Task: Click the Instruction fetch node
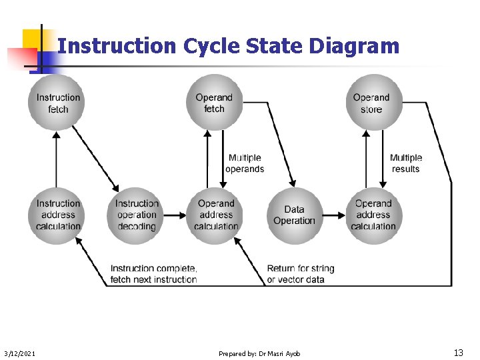click(x=58, y=103)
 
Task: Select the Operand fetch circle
click(x=214, y=103)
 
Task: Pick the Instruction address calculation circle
click(x=58, y=215)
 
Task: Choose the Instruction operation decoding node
click(x=136, y=215)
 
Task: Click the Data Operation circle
click(x=294, y=215)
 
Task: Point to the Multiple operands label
click(x=245, y=163)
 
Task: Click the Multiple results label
click(x=406, y=163)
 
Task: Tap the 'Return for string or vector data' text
click(x=301, y=273)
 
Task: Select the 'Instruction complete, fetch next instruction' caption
click(x=153, y=273)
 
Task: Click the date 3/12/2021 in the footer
click(x=20, y=353)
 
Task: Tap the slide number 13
click(x=458, y=352)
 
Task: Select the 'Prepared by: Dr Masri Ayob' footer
click(x=259, y=353)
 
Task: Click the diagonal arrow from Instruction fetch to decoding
click(x=95, y=159)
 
